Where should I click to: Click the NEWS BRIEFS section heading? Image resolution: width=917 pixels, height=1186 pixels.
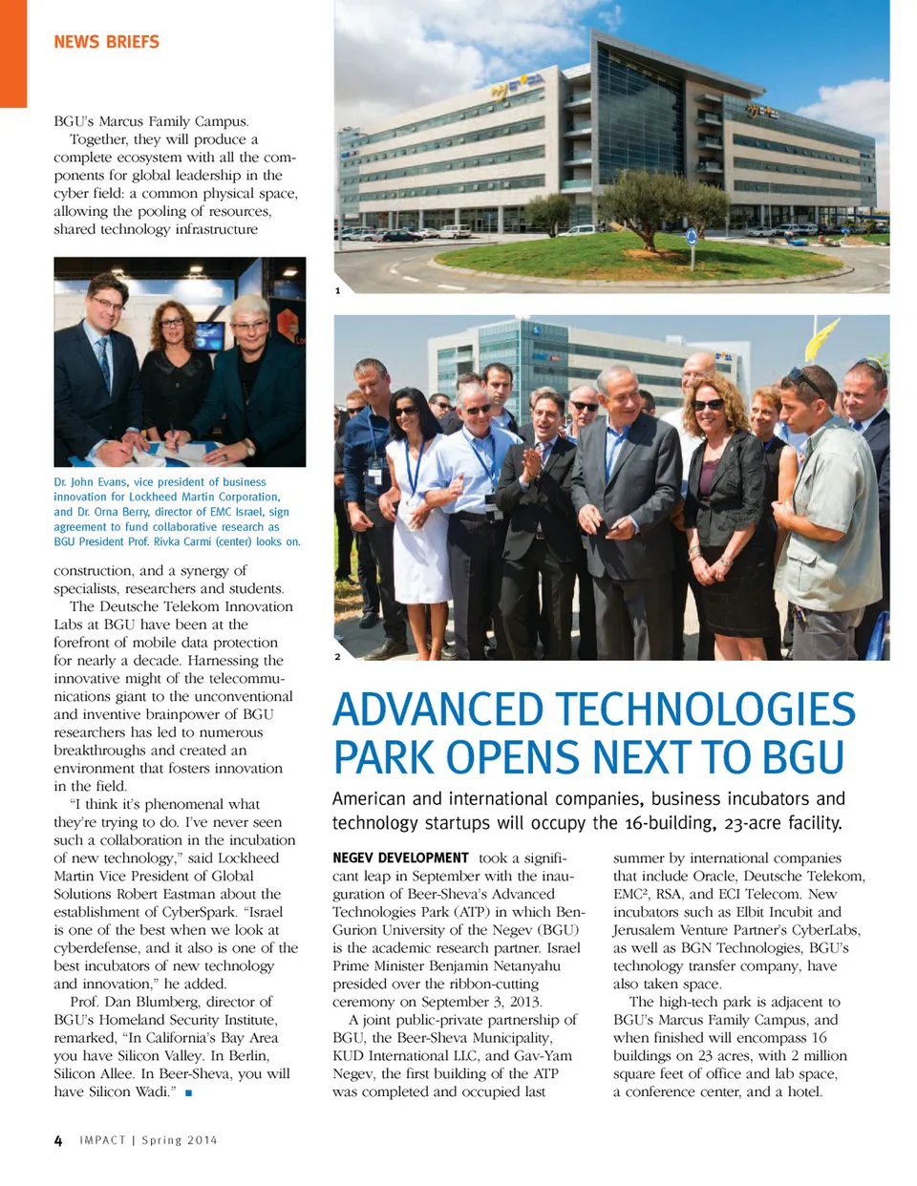click(106, 42)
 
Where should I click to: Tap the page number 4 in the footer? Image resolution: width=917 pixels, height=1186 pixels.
click(58, 1140)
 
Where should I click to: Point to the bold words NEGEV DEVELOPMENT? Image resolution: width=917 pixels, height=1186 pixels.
click(400, 858)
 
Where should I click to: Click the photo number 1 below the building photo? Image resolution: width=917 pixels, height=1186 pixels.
click(337, 290)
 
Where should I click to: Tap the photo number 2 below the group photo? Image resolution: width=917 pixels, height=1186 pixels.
click(337, 657)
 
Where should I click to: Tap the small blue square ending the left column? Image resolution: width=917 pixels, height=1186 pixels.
click(189, 1092)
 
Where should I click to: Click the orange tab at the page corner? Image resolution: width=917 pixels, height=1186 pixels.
click(13, 53)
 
